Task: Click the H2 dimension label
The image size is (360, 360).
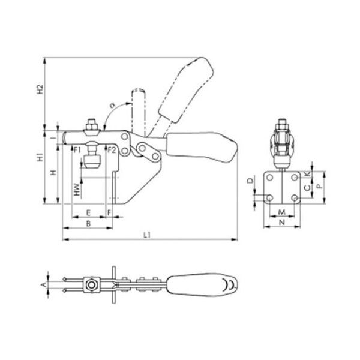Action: (x=40, y=89)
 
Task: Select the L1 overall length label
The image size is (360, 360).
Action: (x=147, y=235)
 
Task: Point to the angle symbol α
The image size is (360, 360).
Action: (x=112, y=106)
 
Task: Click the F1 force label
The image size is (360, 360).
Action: (x=77, y=151)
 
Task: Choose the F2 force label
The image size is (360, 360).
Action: (x=112, y=151)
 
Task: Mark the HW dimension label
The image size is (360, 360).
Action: (x=77, y=190)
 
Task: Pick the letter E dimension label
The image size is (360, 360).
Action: (x=88, y=213)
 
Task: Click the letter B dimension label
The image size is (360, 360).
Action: (x=88, y=224)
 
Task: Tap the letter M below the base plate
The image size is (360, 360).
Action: (x=282, y=212)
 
